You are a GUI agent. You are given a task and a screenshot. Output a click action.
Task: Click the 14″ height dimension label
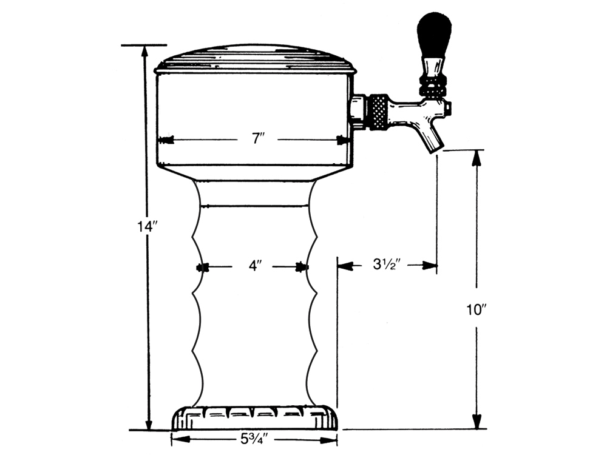click(x=146, y=226)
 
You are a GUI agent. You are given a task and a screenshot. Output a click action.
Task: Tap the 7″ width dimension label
click(x=258, y=138)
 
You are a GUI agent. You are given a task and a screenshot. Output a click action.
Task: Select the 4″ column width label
click(x=255, y=266)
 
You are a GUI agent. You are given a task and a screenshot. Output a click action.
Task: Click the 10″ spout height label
click(x=476, y=310)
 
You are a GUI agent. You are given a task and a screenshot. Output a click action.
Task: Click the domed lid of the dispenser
click(x=255, y=59)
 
